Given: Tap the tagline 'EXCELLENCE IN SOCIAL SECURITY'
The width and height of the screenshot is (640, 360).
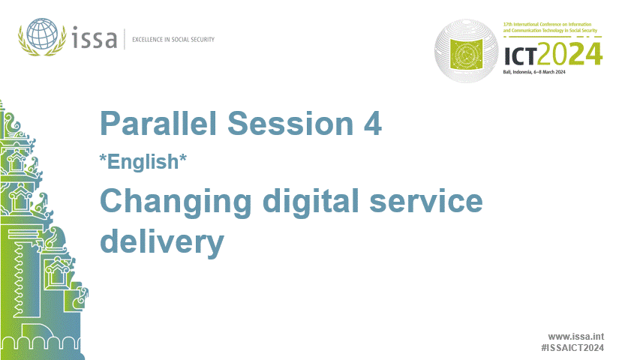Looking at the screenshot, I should [173, 39].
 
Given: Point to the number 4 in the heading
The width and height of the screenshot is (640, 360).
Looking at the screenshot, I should [372, 124].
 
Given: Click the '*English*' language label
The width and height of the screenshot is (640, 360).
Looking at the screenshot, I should [143, 163].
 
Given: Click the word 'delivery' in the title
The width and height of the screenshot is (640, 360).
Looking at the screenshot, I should [162, 242].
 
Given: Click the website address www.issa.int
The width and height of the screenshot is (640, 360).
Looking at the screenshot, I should [576, 337].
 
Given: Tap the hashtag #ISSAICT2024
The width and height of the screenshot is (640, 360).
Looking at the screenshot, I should [572, 349].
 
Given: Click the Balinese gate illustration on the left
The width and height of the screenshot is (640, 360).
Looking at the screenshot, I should [38, 247].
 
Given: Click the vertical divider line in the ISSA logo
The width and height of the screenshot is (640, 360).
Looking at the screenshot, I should [125, 37].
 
